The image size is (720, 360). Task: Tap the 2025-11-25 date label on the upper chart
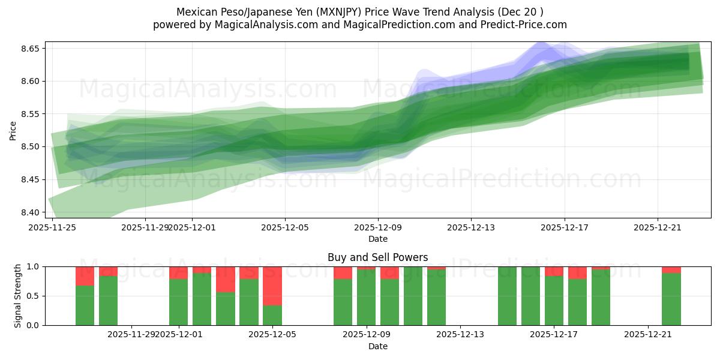[52, 227]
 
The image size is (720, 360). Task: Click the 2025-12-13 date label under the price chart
[471, 227]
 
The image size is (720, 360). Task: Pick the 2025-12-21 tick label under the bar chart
[648, 335]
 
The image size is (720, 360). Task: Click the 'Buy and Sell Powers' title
[377, 257]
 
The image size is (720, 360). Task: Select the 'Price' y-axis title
[13, 130]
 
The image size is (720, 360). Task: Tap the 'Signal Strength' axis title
[18, 295]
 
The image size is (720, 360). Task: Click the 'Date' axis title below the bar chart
[377, 346]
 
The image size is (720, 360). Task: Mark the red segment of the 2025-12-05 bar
[272, 286]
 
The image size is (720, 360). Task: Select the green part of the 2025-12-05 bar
[272, 315]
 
